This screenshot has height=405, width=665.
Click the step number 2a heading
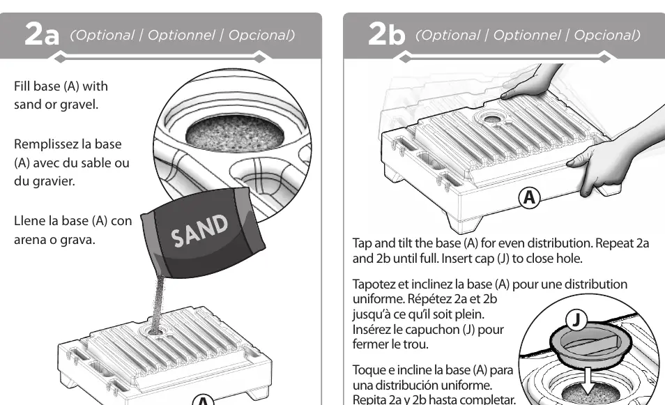[42, 34]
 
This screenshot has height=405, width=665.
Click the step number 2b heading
[386, 34]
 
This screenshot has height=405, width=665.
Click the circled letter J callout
[576, 319]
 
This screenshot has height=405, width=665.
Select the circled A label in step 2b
[529, 198]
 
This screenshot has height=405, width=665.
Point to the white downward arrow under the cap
[588, 381]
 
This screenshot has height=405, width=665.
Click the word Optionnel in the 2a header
[181, 35]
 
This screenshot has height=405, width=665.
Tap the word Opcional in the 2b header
[607, 35]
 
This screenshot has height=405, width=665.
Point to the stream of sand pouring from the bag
[158, 301]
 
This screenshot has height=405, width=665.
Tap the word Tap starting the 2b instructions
[362, 244]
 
